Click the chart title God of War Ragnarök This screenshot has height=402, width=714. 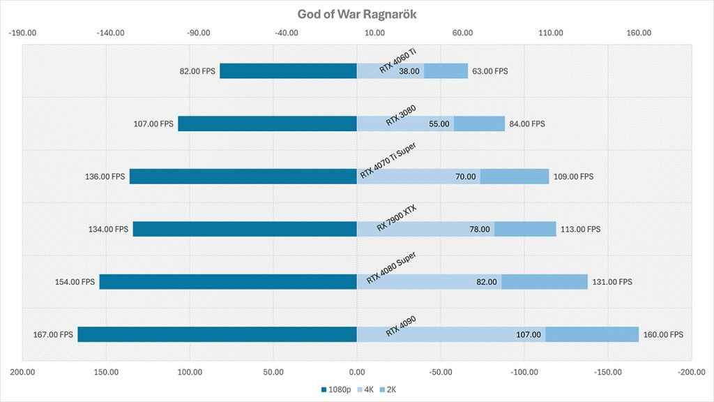click(x=357, y=14)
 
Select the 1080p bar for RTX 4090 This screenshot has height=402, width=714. click(x=217, y=334)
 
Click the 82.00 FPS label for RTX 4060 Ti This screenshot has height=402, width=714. click(x=198, y=71)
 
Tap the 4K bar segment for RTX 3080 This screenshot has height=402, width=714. click(x=405, y=124)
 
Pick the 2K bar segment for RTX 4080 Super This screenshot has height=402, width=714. click(x=545, y=282)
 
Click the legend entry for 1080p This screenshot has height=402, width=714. click(x=336, y=389)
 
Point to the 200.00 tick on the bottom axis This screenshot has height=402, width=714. click(x=22, y=372)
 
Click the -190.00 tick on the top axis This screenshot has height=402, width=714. click(x=22, y=33)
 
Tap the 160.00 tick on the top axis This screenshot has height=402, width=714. click(x=639, y=33)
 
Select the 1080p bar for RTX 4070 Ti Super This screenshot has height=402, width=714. click(x=243, y=177)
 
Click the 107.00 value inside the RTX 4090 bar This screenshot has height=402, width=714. click(x=528, y=335)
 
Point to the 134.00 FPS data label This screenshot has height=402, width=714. click(x=112, y=229)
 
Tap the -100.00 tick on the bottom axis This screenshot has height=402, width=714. click(x=525, y=372)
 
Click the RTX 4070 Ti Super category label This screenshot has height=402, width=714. click(x=392, y=163)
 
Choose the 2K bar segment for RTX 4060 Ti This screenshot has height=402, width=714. click(x=446, y=71)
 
